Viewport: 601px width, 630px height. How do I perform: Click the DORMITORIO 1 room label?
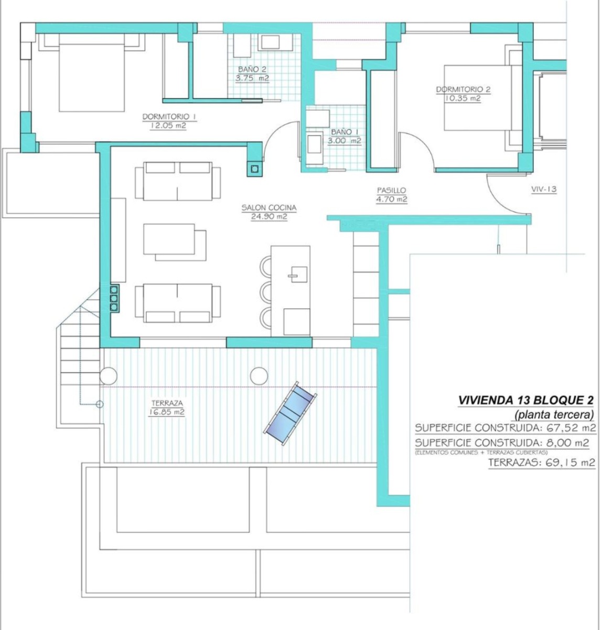(x=169, y=117)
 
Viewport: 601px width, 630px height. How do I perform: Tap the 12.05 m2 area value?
(x=168, y=125)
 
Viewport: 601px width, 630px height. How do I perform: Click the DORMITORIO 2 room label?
(x=463, y=89)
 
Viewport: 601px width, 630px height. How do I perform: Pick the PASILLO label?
(x=391, y=191)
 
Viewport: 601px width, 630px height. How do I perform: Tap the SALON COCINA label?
(x=269, y=207)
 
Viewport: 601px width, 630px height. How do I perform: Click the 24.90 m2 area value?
(x=269, y=217)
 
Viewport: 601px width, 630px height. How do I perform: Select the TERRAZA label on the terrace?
(x=167, y=403)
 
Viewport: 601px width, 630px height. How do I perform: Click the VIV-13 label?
(x=544, y=189)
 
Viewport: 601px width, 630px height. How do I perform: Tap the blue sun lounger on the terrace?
(x=290, y=414)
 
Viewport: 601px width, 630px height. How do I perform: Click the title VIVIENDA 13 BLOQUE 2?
(x=525, y=401)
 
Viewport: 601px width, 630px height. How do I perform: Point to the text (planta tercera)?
(x=554, y=414)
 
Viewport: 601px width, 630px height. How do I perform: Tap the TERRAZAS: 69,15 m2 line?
(x=542, y=463)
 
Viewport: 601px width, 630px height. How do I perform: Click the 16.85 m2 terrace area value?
(x=167, y=412)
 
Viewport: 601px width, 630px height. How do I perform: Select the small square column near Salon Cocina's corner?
(x=254, y=169)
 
